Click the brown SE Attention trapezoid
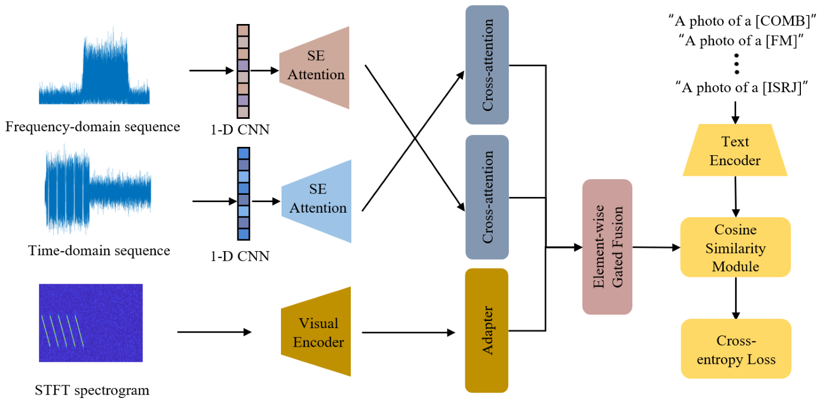click(x=314, y=68)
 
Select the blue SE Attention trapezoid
click(x=317, y=201)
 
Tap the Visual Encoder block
click(x=316, y=332)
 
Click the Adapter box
click(x=487, y=330)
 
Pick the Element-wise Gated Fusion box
click(x=607, y=247)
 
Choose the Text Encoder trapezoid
click(x=735, y=150)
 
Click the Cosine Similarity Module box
click(x=736, y=247)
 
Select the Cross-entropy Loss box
click(x=736, y=349)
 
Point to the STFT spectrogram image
click(x=91, y=323)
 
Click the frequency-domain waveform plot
click(x=94, y=66)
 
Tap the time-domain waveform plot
click(x=98, y=189)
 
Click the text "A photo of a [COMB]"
click(x=743, y=21)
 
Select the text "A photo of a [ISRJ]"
click(x=742, y=88)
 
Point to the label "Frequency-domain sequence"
click(x=93, y=126)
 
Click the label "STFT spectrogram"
click(x=92, y=390)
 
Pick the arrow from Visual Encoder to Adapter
click(x=409, y=333)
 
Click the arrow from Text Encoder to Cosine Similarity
click(x=736, y=196)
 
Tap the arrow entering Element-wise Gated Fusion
click(x=564, y=248)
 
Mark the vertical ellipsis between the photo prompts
click(x=737, y=64)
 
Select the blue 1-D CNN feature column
click(x=244, y=194)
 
